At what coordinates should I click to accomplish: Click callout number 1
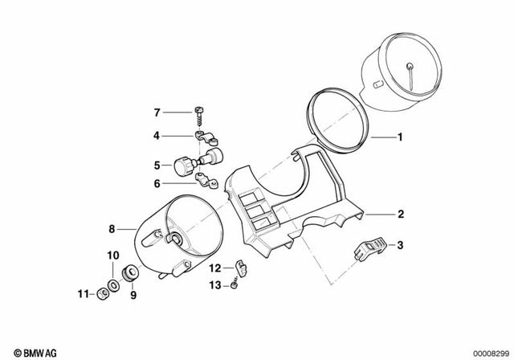coord(400,137)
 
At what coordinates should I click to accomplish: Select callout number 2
coord(400,215)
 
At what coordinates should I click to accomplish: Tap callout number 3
coord(400,244)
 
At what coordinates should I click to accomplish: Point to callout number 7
coord(157,112)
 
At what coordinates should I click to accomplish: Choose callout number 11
coord(82,294)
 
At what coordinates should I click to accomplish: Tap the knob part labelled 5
coord(183,166)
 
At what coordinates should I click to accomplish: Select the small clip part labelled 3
coord(370,247)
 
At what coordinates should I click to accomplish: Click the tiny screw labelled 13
coord(234,283)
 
